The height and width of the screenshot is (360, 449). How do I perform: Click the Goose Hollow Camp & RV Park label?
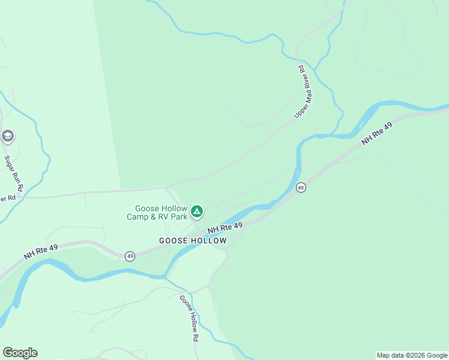point(157,212)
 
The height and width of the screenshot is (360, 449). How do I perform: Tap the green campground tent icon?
point(196,211)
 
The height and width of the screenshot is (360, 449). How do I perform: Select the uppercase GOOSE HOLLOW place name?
point(193,241)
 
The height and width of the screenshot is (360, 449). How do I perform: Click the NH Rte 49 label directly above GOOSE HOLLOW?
point(225,228)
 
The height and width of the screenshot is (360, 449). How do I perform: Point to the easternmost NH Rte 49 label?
point(377,134)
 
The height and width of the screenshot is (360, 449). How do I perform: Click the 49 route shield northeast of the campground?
point(301,188)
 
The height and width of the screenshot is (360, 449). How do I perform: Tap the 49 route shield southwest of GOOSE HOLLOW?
point(130,256)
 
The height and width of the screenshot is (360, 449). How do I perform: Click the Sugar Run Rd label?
point(14,174)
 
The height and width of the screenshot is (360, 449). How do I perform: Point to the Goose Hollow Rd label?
point(188,318)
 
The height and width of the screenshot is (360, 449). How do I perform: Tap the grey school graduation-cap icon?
point(7,136)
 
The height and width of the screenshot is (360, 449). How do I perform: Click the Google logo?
point(20,353)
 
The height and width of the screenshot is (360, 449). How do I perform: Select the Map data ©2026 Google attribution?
point(412,355)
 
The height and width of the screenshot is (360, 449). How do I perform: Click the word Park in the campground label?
point(178,217)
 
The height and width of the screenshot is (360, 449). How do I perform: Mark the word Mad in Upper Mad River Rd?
point(303,91)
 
